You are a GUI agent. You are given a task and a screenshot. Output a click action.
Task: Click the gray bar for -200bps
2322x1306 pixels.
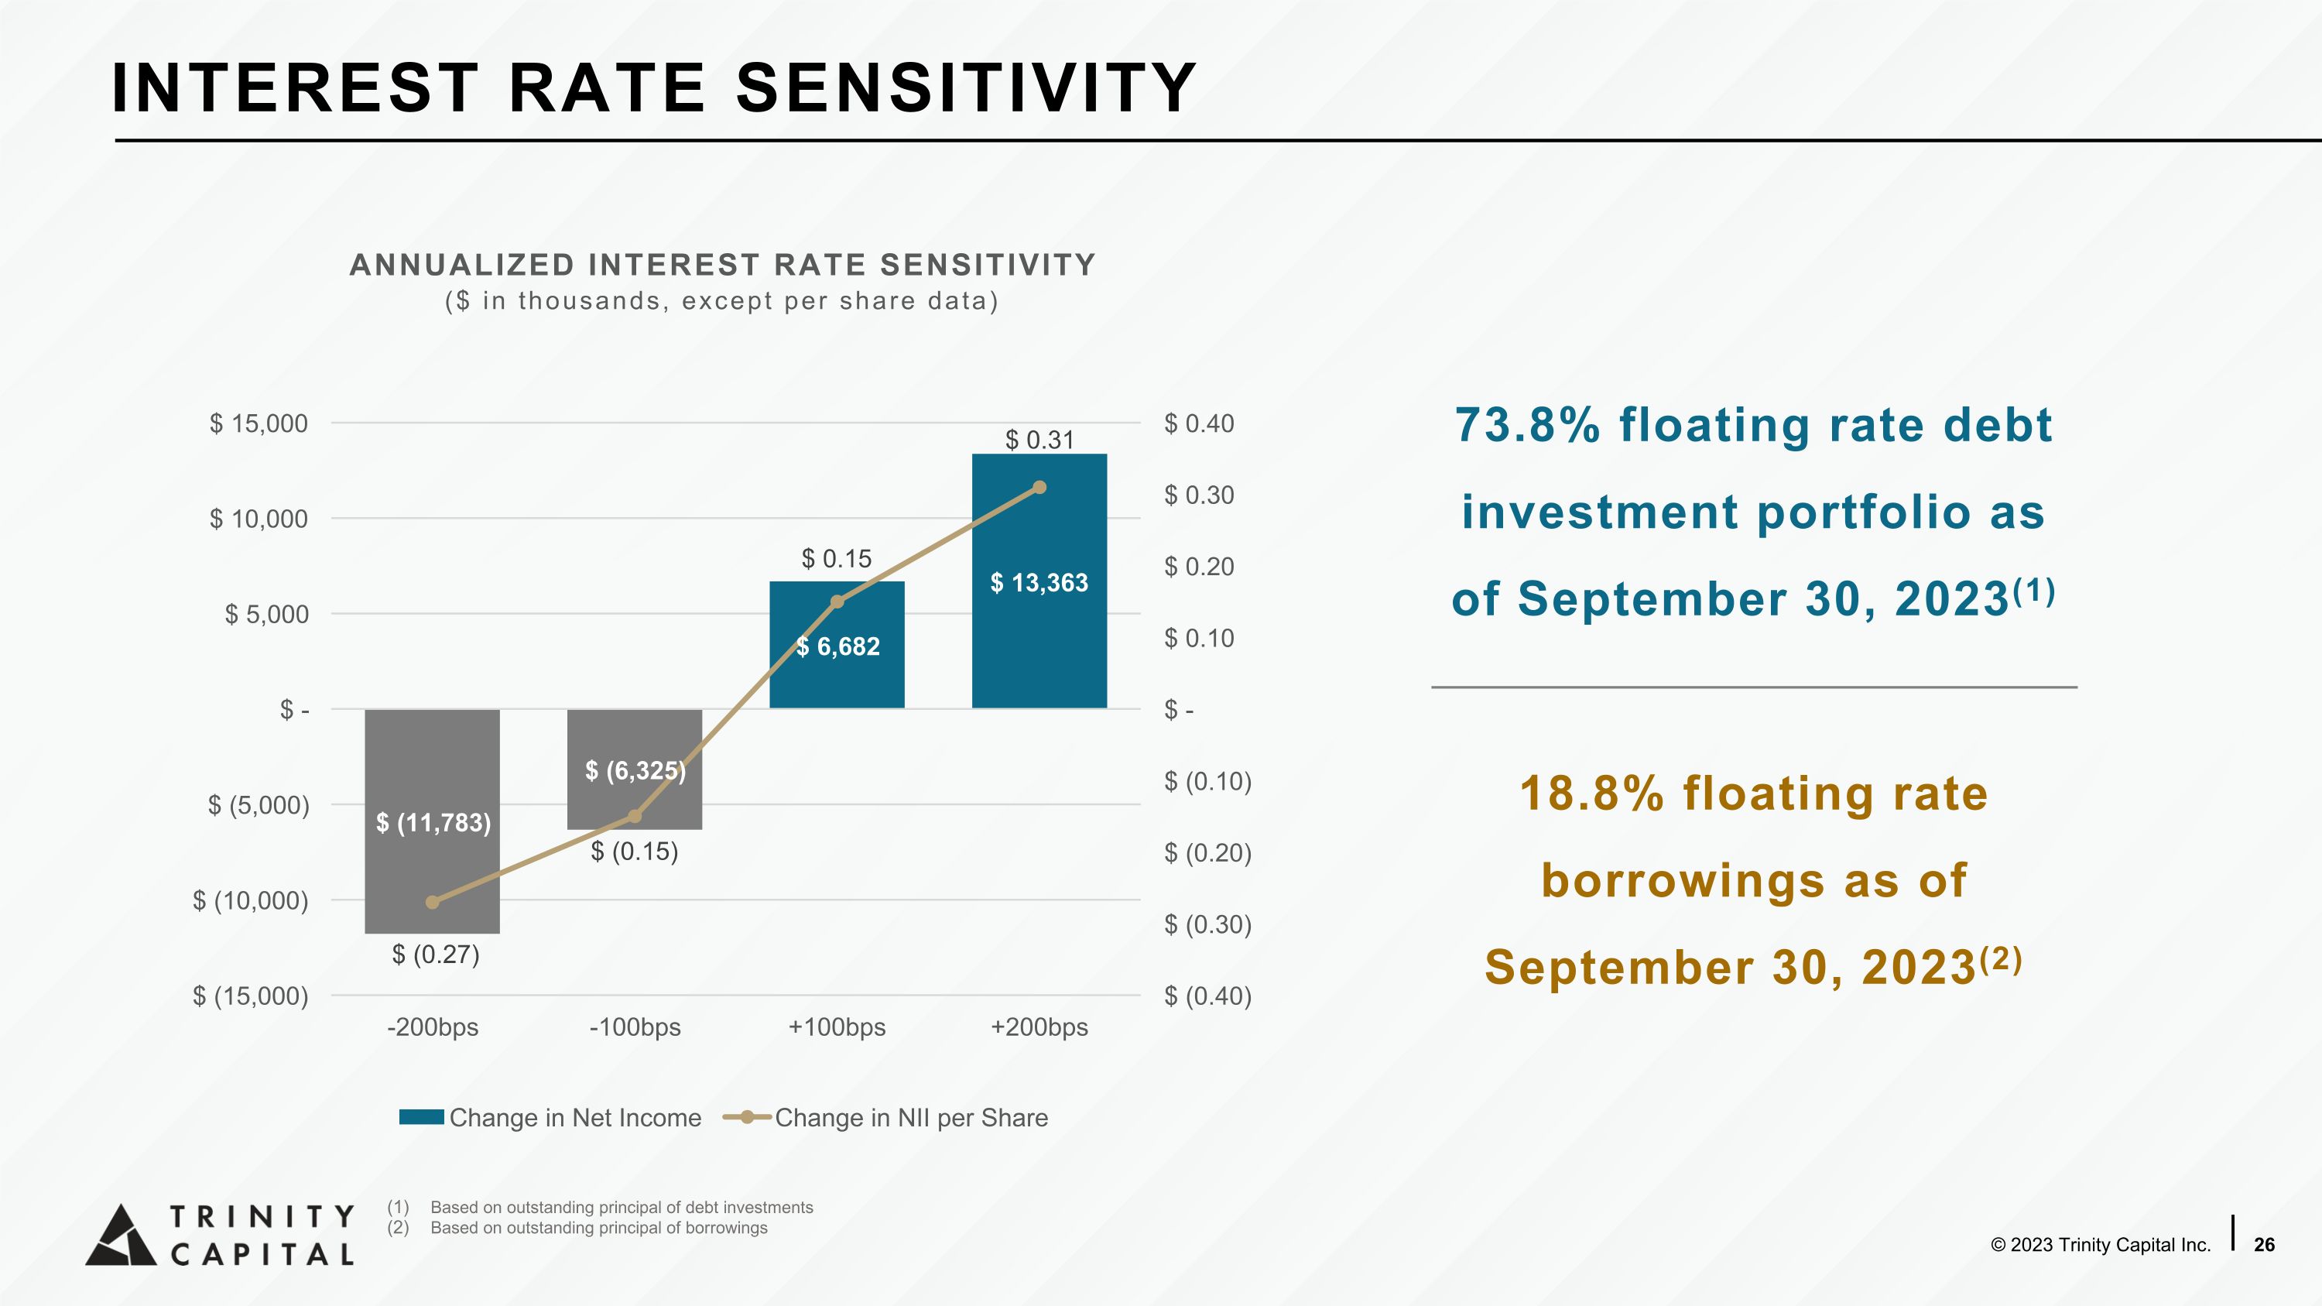pos(432,821)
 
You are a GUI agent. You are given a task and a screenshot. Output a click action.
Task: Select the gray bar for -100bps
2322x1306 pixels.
pos(635,769)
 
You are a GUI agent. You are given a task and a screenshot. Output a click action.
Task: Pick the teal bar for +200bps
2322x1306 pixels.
pos(1039,581)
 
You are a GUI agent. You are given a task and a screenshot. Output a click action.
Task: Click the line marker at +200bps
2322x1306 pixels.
pos(1039,488)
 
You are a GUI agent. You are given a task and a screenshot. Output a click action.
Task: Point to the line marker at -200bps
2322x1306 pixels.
pos(432,902)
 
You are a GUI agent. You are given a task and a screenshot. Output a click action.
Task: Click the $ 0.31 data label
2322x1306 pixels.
pos(1039,440)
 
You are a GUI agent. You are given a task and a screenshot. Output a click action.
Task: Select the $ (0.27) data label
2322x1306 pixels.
pos(435,955)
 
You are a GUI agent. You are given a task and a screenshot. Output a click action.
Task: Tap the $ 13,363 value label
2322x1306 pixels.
pos(1039,583)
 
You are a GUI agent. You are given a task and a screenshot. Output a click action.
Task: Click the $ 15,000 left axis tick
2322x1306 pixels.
pos(259,423)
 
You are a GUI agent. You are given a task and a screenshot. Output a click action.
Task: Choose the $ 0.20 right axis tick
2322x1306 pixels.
pos(1199,567)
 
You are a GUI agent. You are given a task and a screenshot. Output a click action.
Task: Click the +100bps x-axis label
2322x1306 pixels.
pos(837,1027)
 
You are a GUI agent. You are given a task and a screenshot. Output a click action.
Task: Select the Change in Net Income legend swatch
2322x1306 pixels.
pos(421,1118)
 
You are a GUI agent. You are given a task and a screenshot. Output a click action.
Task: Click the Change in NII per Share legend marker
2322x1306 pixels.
pos(747,1118)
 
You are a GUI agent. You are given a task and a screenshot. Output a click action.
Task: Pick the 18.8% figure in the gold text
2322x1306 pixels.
pos(1591,794)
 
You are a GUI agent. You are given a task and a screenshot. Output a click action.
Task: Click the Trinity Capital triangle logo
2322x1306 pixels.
pos(121,1235)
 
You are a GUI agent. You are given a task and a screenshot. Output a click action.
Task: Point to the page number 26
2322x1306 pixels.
pos(2263,1245)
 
